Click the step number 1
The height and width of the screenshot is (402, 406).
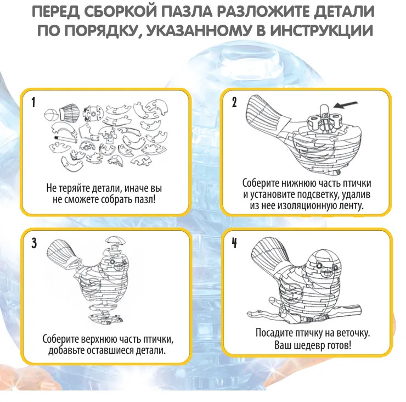33,103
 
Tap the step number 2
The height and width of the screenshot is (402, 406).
234,102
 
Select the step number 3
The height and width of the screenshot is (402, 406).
34,243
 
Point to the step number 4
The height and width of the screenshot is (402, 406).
234,243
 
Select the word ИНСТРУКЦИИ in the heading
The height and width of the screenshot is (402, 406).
322,31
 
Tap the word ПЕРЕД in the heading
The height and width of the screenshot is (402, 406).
55,12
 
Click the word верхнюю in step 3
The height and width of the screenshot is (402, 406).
97,339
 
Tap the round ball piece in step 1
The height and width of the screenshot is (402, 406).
51,114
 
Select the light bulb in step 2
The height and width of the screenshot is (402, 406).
323,110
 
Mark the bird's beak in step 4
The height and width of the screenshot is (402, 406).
327,273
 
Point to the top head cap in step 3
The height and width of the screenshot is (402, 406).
116,240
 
